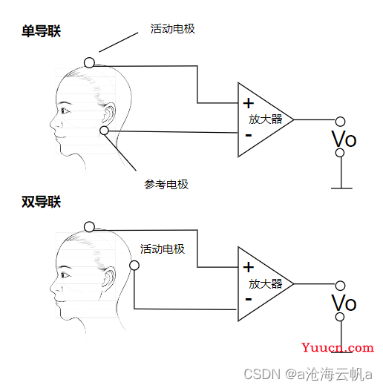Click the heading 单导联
pyautogui.click(x=41, y=31)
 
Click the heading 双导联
pyautogui.click(x=41, y=202)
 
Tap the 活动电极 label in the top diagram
pyautogui.click(x=172, y=29)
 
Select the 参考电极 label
pyautogui.click(x=166, y=184)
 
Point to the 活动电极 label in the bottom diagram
pyautogui.click(x=163, y=249)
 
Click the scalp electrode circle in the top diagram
pyautogui.click(x=89, y=62)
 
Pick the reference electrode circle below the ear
pyautogui.click(x=104, y=130)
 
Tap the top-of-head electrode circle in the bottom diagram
pyautogui.click(x=89, y=227)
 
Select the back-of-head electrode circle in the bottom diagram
pyautogui.click(x=134, y=266)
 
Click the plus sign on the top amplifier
pyautogui.click(x=249, y=103)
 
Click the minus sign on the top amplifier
pyautogui.click(x=249, y=135)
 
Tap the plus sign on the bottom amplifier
pyautogui.click(x=249, y=267)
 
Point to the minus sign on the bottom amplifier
pyautogui.click(x=249, y=299)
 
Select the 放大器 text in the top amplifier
pyautogui.click(x=266, y=119)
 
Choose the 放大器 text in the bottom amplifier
pyautogui.click(x=266, y=283)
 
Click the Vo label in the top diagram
pyautogui.click(x=344, y=139)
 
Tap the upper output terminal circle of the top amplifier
pyautogui.click(x=340, y=122)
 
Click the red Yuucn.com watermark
pyautogui.click(x=338, y=347)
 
